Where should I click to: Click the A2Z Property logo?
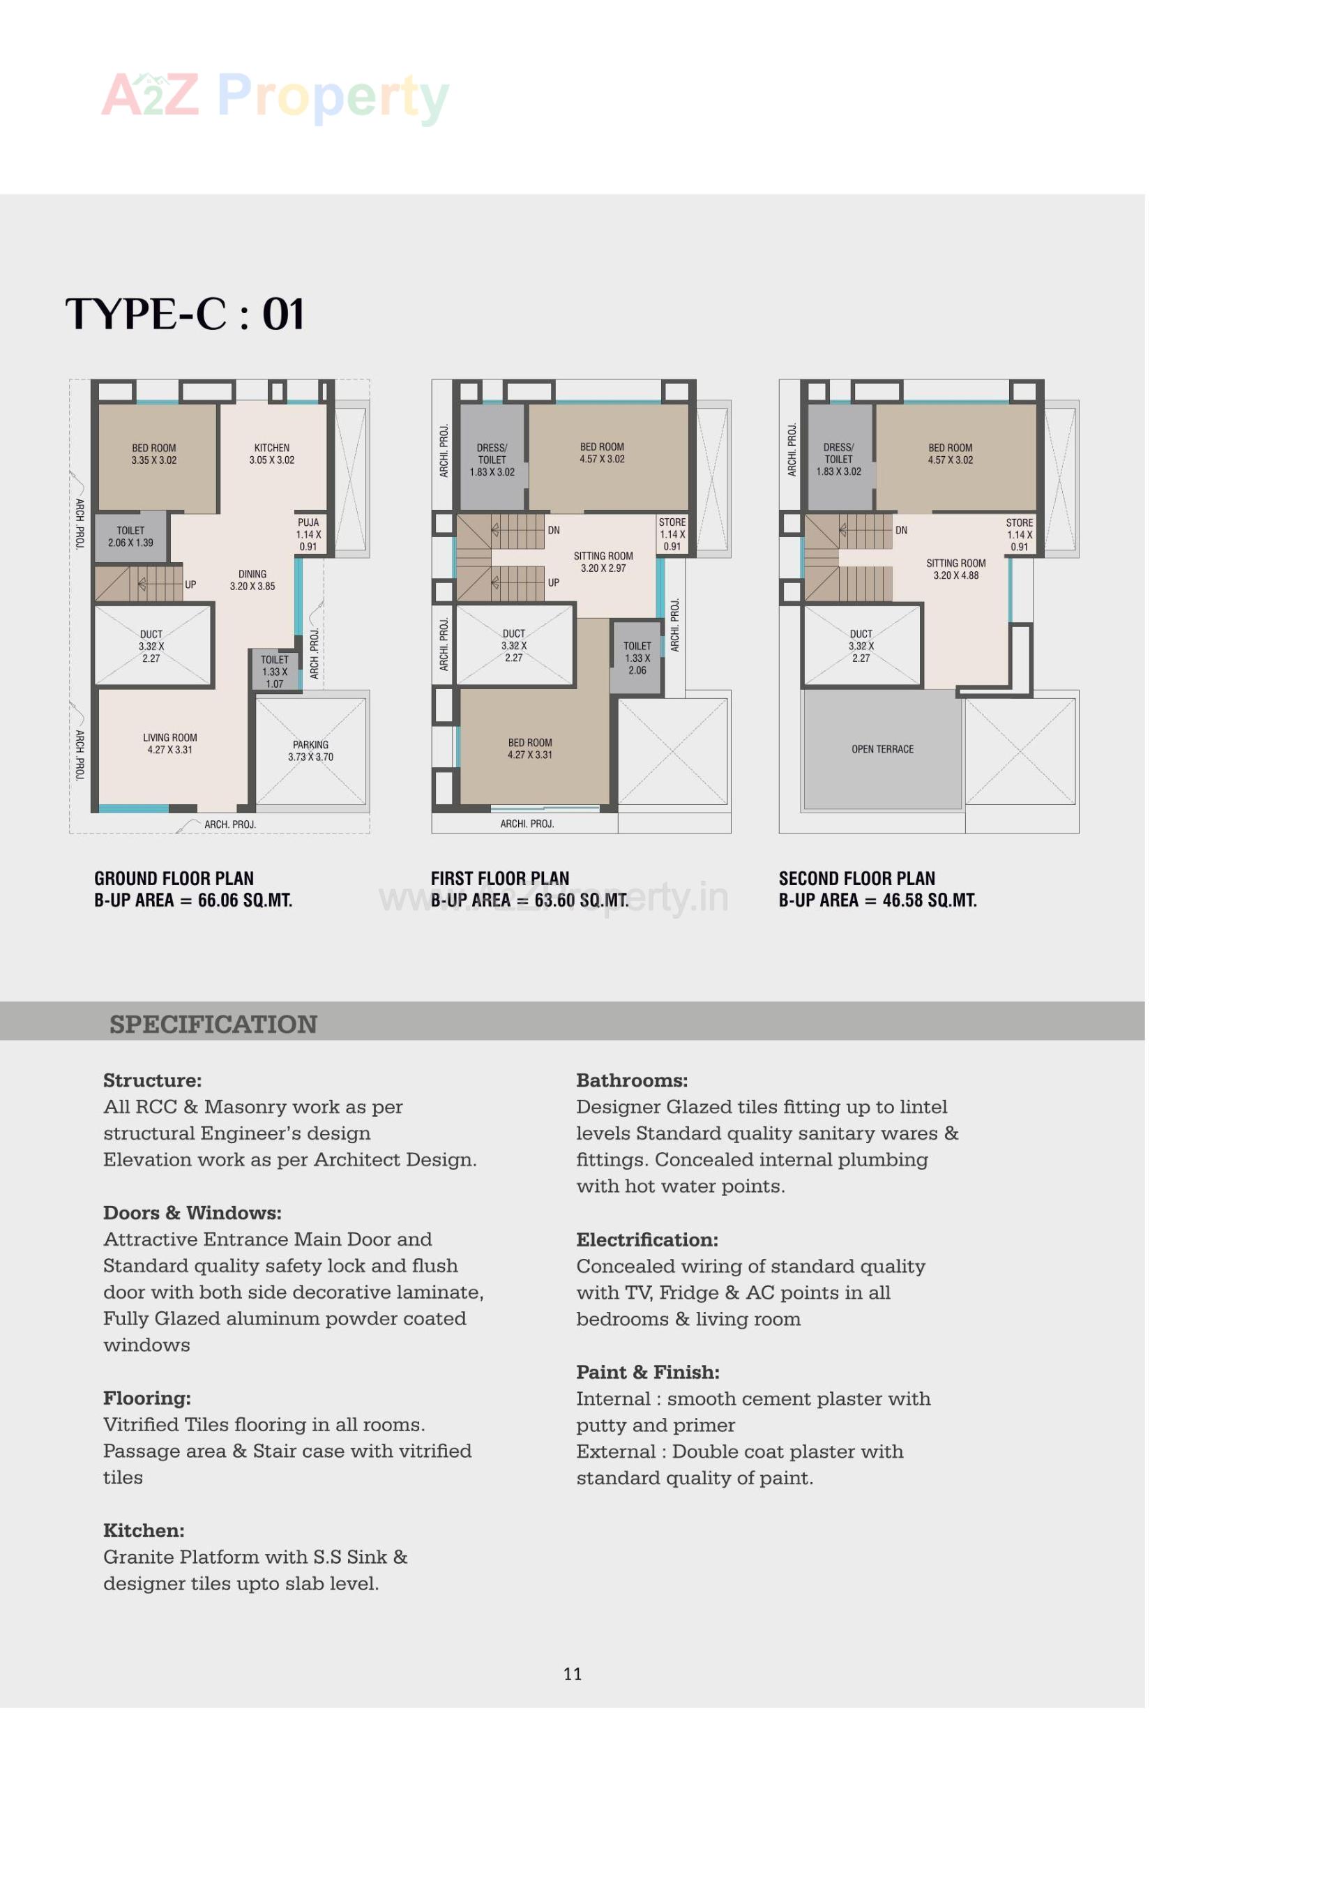point(274,97)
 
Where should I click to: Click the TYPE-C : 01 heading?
point(185,314)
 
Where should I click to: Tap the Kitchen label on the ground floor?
point(271,453)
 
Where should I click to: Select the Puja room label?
point(308,534)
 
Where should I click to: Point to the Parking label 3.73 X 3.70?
point(310,750)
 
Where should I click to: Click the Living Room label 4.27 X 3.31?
point(169,743)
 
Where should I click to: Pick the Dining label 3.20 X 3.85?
point(252,580)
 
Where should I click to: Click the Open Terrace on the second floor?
point(883,749)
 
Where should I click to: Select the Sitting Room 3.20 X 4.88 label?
point(955,569)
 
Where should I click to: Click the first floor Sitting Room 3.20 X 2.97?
point(603,561)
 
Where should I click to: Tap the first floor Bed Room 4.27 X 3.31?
point(530,748)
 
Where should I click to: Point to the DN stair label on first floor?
point(553,530)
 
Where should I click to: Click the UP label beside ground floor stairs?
point(190,585)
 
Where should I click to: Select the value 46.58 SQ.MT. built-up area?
point(929,900)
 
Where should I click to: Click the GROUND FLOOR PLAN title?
point(174,878)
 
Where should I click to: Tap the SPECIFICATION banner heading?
point(213,1024)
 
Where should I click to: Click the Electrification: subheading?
point(646,1239)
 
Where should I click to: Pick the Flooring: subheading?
point(146,1398)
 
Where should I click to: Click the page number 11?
point(572,1673)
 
